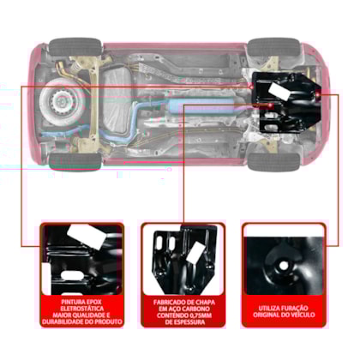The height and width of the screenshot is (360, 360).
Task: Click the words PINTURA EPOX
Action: pos(83,300)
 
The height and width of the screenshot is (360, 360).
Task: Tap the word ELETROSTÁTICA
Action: pos(83,307)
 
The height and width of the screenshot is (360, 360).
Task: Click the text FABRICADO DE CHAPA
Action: pos(184,300)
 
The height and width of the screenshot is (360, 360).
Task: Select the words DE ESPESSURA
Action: pos(184,321)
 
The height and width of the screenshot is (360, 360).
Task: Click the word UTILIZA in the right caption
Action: pos(264,303)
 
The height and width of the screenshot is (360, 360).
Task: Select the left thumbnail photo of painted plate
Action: pos(83,257)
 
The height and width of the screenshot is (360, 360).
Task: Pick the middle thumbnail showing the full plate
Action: pos(184,257)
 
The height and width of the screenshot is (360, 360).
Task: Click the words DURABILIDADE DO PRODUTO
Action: pos(83,321)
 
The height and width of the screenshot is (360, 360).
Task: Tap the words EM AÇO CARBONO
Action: pos(184,307)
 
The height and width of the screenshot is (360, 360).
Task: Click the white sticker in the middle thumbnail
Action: pos(196,252)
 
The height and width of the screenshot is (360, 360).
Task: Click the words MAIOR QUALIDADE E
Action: pos(83,315)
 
